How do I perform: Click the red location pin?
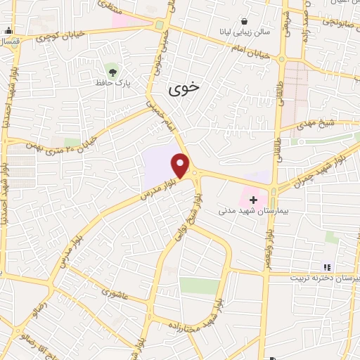pos(181,166)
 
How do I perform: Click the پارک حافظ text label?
pos(115,83)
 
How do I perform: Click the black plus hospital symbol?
pos(253,200)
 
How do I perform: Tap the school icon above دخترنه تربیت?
pos(326,266)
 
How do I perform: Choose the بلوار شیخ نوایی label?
pos(184,218)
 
